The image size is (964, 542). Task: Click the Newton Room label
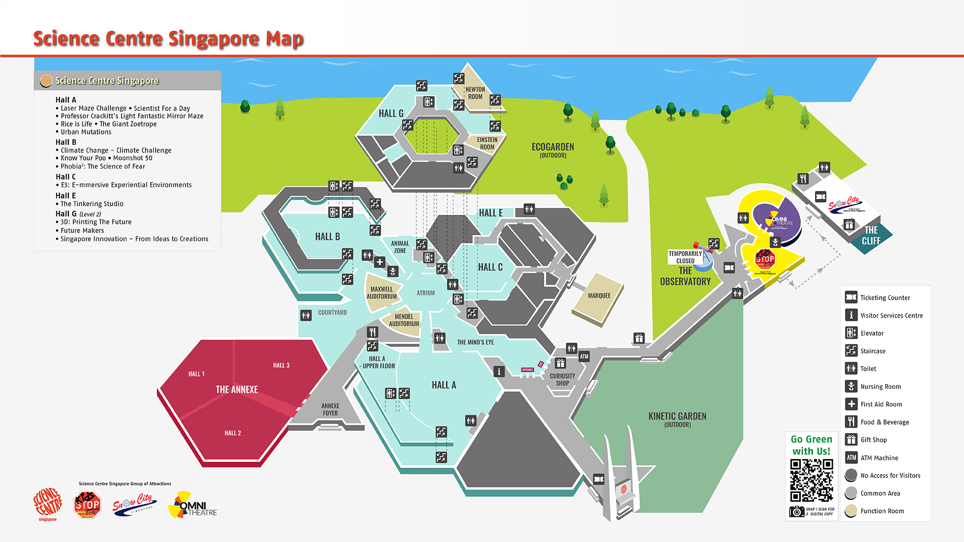point(475,93)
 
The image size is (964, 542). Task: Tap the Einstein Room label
point(487,144)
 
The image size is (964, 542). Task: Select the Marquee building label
point(599,296)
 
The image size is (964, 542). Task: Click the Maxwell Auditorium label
point(382,293)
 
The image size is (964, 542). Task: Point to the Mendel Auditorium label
point(404,320)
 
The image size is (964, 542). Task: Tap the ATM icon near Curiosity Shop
point(584,357)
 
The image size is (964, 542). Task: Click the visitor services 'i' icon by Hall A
point(499,371)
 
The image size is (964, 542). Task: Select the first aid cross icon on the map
point(380,262)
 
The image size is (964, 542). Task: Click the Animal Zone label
point(400,247)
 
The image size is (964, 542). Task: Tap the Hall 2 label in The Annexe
point(232,433)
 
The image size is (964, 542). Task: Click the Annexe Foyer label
point(330,410)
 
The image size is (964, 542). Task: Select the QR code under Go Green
point(811,480)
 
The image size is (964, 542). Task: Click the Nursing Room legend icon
point(851,386)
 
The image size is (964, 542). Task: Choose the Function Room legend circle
point(851,511)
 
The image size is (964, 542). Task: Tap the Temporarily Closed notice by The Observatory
point(685,257)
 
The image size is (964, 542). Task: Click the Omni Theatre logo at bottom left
point(193,505)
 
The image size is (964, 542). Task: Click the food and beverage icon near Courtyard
point(372,332)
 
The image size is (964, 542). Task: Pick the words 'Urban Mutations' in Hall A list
point(86,132)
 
